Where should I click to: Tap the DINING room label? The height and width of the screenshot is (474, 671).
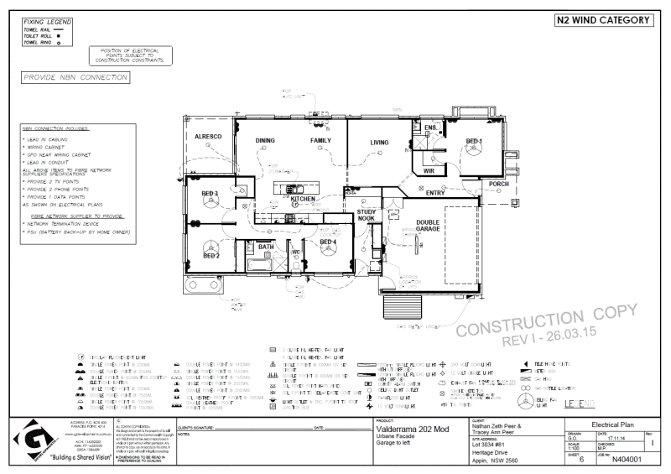tap(266, 140)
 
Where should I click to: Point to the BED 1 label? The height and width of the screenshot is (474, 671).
tap(475, 141)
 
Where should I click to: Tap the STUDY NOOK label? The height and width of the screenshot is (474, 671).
tap(367, 216)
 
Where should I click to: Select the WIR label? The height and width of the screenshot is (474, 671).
tap(429, 170)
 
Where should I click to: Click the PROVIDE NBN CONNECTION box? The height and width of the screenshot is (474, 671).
tap(74, 77)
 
